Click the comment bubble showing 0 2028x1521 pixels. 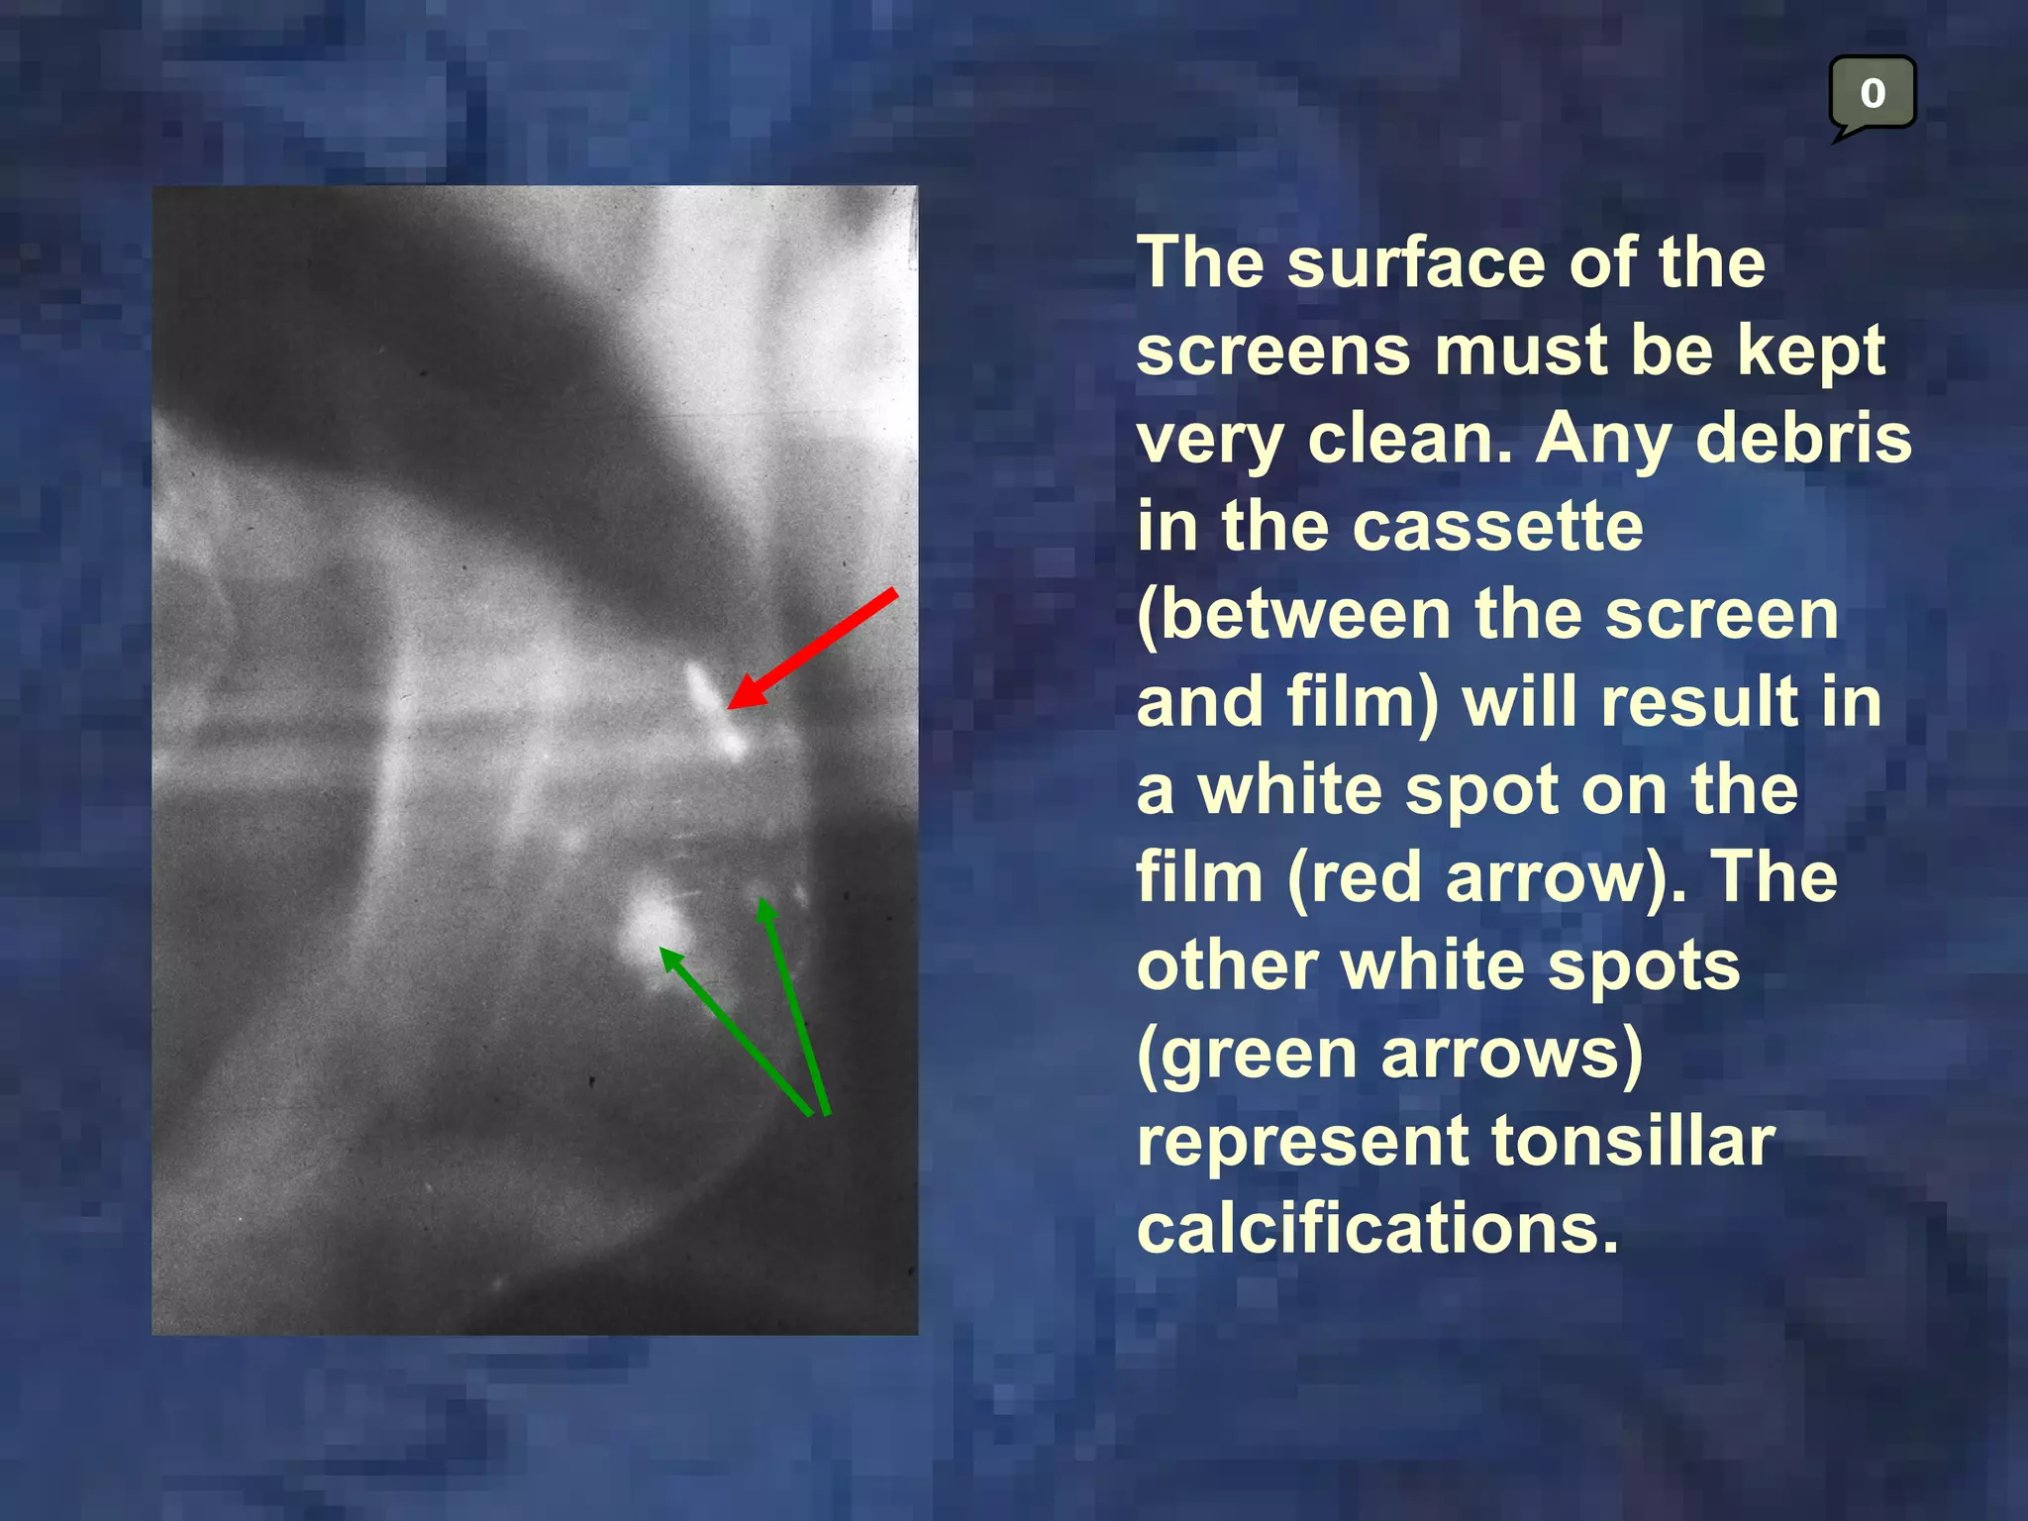tap(1872, 94)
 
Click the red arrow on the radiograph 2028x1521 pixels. tap(812, 649)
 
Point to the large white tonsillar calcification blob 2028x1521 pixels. tap(649, 926)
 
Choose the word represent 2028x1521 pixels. tap(1303, 1142)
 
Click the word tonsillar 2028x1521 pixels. tap(1633, 1141)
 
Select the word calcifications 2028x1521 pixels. tap(1377, 1229)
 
